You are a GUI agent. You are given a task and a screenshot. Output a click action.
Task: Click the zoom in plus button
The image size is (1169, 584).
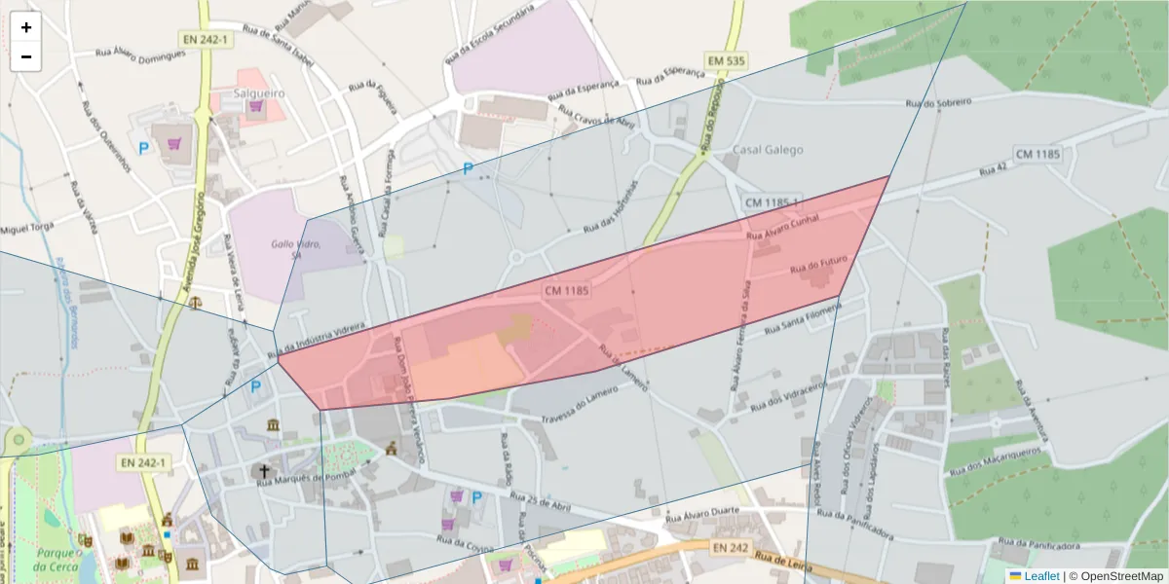tap(26, 27)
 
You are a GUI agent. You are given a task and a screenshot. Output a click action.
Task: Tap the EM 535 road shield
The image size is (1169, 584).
tap(727, 61)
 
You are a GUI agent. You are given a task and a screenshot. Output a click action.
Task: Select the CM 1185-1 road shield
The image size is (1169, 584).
tap(772, 202)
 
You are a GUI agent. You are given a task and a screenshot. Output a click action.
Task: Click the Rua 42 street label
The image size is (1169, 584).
tap(993, 169)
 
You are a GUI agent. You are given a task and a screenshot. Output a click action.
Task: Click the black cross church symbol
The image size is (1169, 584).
tap(263, 472)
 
